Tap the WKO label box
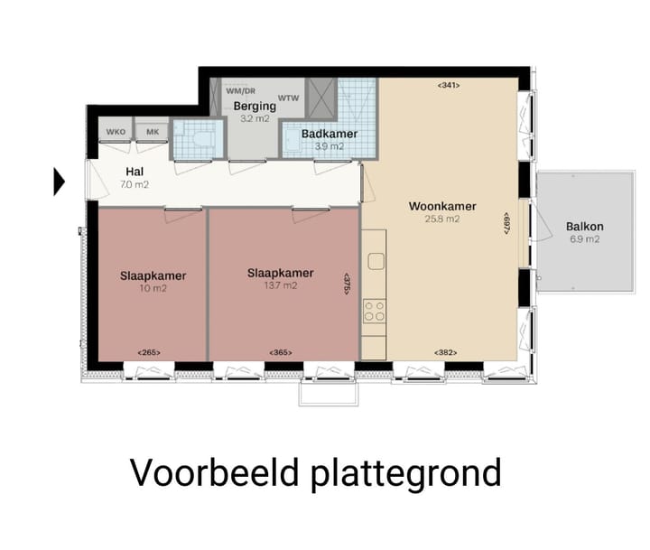(x=116, y=132)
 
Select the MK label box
(x=152, y=132)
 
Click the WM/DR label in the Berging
(x=240, y=91)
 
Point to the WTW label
(x=289, y=98)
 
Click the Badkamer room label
(x=329, y=134)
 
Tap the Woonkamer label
(x=441, y=206)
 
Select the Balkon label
(x=584, y=227)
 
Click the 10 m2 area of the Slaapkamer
(x=153, y=289)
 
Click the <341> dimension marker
(x=449, y=86)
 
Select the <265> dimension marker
(x=149, y=351)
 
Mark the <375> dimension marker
(x=347, y=284)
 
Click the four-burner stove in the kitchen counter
(x=374, y=312)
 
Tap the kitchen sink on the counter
(x=375, y=262)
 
